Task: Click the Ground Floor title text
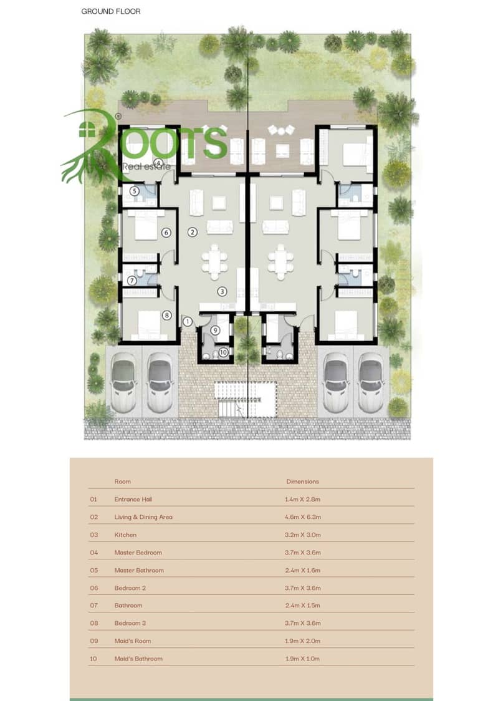pyautogui.click(x=111, y=11)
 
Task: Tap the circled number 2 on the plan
pyautogui.click(x=193, y=232)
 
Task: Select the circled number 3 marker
pyautogui.click(x=222, y=291)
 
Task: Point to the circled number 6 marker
pyautogui.click(x=166, y=233)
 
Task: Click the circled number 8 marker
pyautogui.click(x=166, y=315)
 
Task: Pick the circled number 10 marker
pyautogui.click(x=223, y=352)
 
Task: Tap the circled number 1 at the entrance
pyautogui.click(x=187, y=321)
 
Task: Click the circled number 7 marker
pyautogui.click(x=132, y=281)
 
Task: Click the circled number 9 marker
pyautogui.click(x=215, y=331)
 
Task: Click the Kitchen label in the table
pyautogui.click(x=125, y=534)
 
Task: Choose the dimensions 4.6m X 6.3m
pyautogui.click(x=303, y=517)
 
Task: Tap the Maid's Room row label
pyautogui.click(x=133, y=641)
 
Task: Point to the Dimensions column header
pyautogui.click(x=303, y=481)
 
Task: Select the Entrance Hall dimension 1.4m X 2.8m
pyautogui.click(x=303, y=500)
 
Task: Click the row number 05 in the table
pyautogui.click(x=93, y=570)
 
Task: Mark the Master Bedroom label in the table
pyautogui.click(x=138, y=553)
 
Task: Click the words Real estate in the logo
pyautogui.click(x=146, y=167)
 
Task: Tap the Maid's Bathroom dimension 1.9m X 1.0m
pyautogui.click(x=303, y=659)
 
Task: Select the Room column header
pyautogui.click(x=122, y=481)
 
